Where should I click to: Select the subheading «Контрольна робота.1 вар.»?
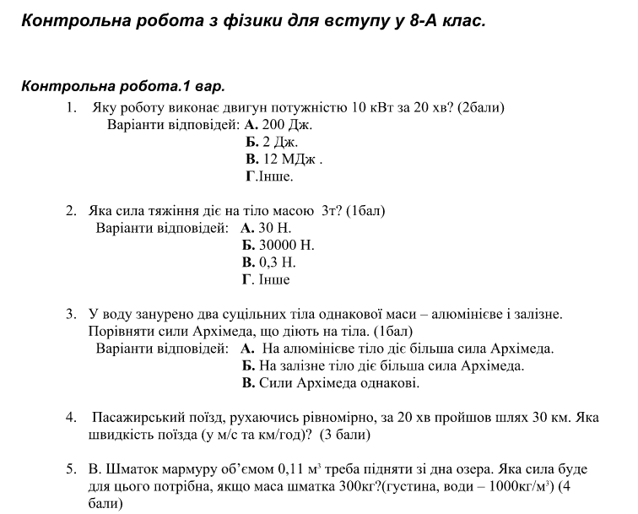tap(123, 86)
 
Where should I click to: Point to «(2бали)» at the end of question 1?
tap(481, 107)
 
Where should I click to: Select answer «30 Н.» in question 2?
tap(274, 228)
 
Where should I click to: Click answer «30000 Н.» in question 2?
tap(286, 246)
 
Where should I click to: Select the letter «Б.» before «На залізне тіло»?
tap(248, 366)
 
